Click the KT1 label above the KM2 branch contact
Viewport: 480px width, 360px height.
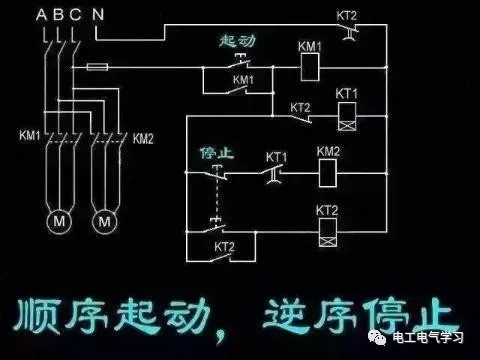277,157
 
